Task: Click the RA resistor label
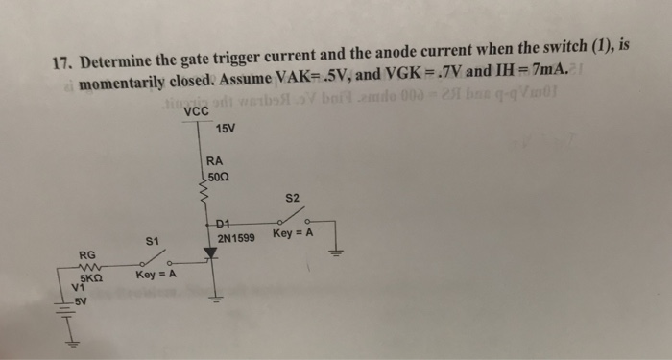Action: [x=215, y=162]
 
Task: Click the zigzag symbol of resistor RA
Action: [x=203, y=195]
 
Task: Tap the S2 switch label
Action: [x=293, y=198]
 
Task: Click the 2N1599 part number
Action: [x=235, y=237]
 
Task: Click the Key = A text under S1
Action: [x=154, y=275]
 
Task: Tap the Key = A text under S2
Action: [x=293, y=233]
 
